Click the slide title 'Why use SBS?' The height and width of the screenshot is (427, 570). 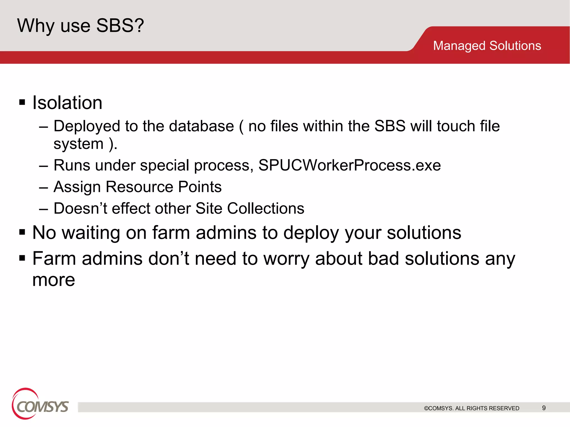tap(80, 26)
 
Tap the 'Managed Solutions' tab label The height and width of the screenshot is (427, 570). tap(487, 46)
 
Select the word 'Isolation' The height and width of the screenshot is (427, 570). tap(67, 103)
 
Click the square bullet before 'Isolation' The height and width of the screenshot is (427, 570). tap(22, 102)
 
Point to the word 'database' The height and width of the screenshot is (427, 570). tap(201, 126)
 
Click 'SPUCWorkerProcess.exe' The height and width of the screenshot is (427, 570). tap(349, 165)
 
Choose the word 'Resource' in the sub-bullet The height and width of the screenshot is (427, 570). tap(139, 187)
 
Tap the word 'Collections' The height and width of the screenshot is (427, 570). tap(266, 208)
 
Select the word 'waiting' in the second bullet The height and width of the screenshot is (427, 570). tap(91, 232)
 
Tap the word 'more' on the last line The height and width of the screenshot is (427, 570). tap(53, 280)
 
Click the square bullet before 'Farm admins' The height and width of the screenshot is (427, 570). tap(22, 258)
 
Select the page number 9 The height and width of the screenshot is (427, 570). tap(544, 408)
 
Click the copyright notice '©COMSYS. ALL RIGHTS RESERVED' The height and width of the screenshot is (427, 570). tap(471, 408)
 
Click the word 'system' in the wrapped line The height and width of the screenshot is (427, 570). tap(78, 144)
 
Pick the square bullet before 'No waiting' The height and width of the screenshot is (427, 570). tap(22, 232)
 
